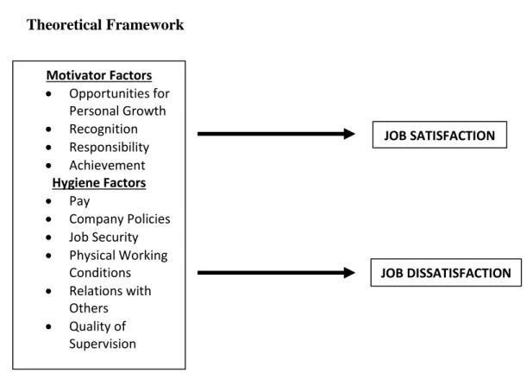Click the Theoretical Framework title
tap(105, 25)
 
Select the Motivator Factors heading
tap(99, 75)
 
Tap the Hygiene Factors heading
tap(99, 183)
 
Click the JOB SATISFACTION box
tap(440, 135)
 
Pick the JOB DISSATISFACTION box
tap(446, 273)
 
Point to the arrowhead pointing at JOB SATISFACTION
tap(349, 134)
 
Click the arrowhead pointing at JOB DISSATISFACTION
tap(349, 273)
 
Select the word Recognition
tap(103, 130)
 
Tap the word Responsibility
tap(109, 148)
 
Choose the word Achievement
tap(107, 165)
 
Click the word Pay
tap(79, 201)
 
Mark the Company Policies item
tap(120, 219)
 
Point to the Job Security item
tap(103, 237)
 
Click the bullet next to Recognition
tap(48, 130)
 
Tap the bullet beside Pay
tap(48, 201)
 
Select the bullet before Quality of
tap(48, 326)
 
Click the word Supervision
tap(103, 345)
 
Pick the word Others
tap(89, 308)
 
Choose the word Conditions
tap(100, 273)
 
